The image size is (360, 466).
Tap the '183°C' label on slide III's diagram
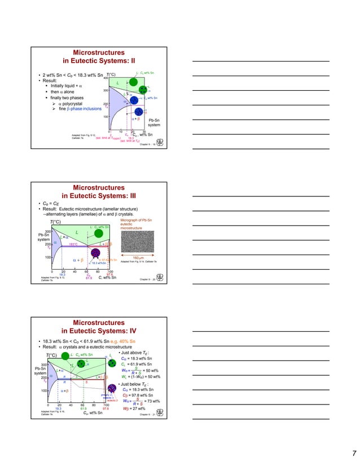(73, 244)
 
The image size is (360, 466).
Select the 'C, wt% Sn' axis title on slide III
(107, 278)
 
